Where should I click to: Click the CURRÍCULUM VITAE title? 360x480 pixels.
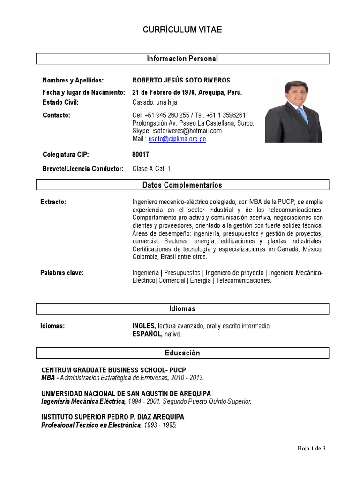click(182, 30)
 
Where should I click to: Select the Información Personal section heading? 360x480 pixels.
click(182, 59)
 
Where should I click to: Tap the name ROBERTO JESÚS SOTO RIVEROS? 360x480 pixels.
click(181, 80)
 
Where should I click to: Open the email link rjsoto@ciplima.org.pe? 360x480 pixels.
click(177, 139)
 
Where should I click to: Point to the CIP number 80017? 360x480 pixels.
click(141, 154)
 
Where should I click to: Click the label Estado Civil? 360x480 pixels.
click(60, 102)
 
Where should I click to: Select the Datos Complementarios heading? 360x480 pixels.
click(182, 185)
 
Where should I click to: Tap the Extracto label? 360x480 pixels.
click(53, 202)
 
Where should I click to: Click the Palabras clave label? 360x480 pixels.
click(62, 273)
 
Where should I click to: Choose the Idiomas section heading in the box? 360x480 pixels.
click(182, 308)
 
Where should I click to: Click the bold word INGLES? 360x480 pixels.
click(143, 325)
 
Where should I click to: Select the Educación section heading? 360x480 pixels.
click(182, 353)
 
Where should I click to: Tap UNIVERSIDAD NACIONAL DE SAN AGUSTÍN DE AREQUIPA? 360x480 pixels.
click(126, 393)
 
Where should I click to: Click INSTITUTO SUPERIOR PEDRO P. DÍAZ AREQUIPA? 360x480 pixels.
click(113, 417)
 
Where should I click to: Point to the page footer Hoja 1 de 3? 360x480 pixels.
click(311, 448)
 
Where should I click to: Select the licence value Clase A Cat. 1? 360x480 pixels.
click(151, 168)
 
